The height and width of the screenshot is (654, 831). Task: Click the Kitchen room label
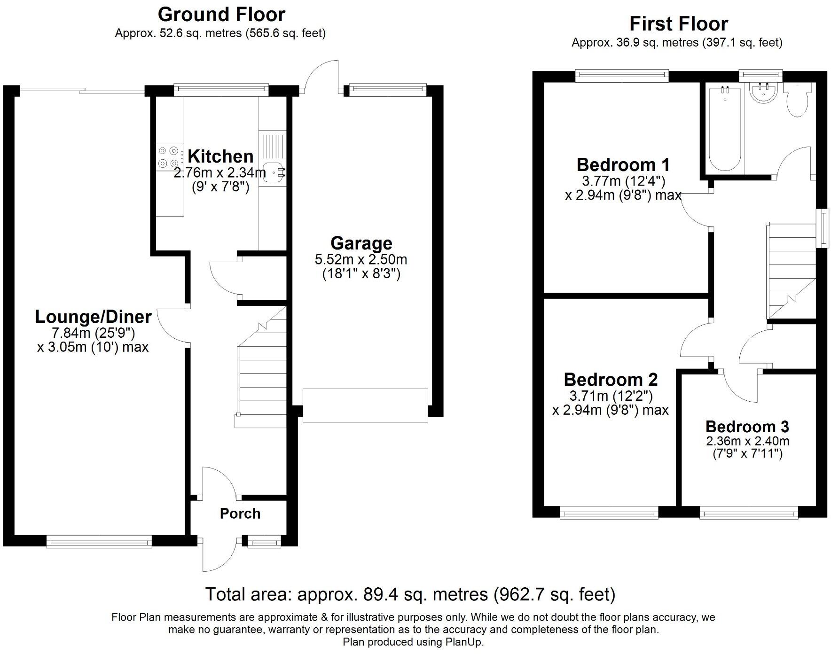point(220,156)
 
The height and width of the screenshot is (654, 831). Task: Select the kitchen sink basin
point(272,172)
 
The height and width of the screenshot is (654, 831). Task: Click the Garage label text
point(361,243)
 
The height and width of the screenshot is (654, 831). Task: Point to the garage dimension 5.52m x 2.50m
point(361,259)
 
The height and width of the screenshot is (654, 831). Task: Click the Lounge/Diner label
point(94,317)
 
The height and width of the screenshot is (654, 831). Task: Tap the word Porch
point(240,514)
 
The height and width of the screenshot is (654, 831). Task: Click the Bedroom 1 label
point(623,165)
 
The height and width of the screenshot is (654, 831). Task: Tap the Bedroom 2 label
point(611,379)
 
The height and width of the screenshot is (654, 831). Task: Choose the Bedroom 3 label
point(747,427)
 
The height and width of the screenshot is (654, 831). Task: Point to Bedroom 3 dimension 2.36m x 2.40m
point(747,441)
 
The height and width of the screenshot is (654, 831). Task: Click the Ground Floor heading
point(221,15)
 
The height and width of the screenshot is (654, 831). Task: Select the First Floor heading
point(678,23)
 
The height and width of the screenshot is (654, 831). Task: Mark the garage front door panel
point(365,405)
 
